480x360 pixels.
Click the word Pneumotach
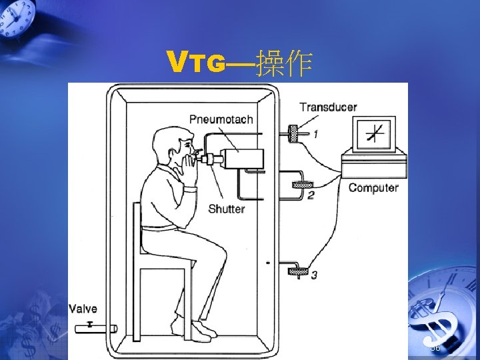[221, 119]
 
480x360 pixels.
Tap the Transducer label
[328, 107]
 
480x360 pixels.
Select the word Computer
[373, 187]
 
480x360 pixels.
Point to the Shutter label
[226, 209]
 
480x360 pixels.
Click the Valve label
[83, 309]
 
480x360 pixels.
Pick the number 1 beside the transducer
[315, 134]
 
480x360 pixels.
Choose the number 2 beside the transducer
[311, 195]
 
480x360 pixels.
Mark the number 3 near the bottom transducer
[314, 275]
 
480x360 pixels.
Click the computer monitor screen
[375, 135]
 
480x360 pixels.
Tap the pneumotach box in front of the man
[243, 159]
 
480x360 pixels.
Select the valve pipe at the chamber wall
[101, 327]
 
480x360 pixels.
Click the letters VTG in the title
[197, 63]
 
